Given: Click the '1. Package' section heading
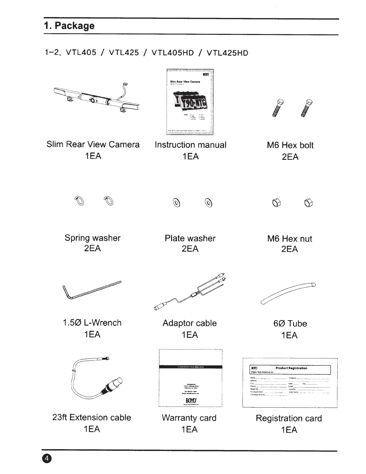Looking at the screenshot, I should [69, 26].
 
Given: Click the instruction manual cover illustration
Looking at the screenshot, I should [190, 102].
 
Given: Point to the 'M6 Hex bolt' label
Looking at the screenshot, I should [290, 145].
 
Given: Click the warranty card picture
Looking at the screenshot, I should [190, 378].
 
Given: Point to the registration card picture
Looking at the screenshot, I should [290, 383].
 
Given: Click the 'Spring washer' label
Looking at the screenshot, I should [92, 238].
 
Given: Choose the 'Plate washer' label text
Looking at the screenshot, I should [190, 238].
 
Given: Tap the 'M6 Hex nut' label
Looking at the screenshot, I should [289, 239].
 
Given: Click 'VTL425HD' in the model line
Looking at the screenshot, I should [227, 53].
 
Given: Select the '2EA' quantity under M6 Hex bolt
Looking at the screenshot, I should [290, 157].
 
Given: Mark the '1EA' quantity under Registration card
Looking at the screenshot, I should [289, 430].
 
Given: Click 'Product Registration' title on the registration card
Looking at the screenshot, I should [291, 368].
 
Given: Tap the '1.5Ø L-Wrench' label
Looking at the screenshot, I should [92, 323].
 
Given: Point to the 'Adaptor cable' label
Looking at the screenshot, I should [190, 323].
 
